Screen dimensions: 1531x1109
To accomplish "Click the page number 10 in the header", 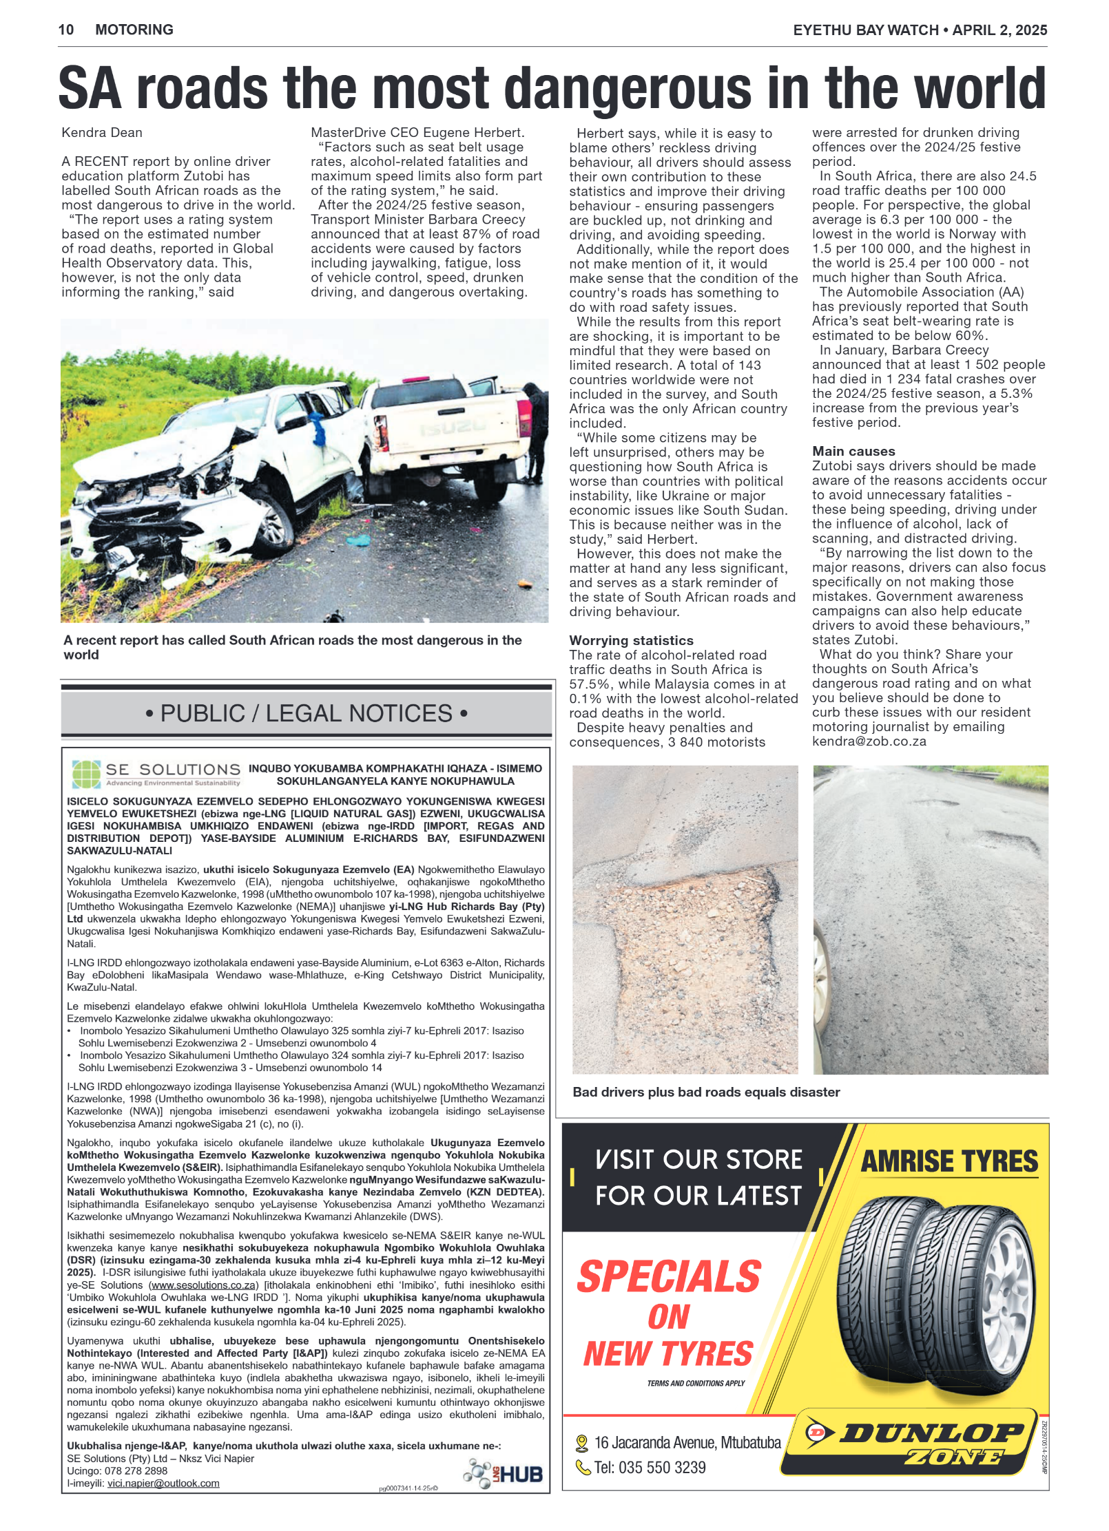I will [x=66, y=30].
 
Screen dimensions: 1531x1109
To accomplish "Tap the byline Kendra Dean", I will [x=102, y=132].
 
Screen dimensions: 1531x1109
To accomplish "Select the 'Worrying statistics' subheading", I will [x=631, y=640].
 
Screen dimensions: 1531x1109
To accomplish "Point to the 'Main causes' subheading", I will [x=853, y=451].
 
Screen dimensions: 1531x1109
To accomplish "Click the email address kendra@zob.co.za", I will [x=869, y=741].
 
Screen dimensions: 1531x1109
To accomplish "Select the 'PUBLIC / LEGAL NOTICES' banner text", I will [x=307, y=713].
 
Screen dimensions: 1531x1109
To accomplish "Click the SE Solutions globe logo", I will [x=86, y=774].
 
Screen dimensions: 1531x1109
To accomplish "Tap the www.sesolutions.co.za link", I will [x=205, y=1285].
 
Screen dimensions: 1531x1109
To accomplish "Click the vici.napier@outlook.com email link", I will [x=163, y=1483].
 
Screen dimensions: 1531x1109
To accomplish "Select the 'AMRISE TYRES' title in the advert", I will [x=949, y=1161].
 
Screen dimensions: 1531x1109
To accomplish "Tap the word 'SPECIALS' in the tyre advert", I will [x=669, y=1276].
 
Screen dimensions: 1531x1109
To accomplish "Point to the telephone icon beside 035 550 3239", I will [x=583, y=1468].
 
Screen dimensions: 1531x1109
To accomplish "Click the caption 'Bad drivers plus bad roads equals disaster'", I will [x=706, y=1092].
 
